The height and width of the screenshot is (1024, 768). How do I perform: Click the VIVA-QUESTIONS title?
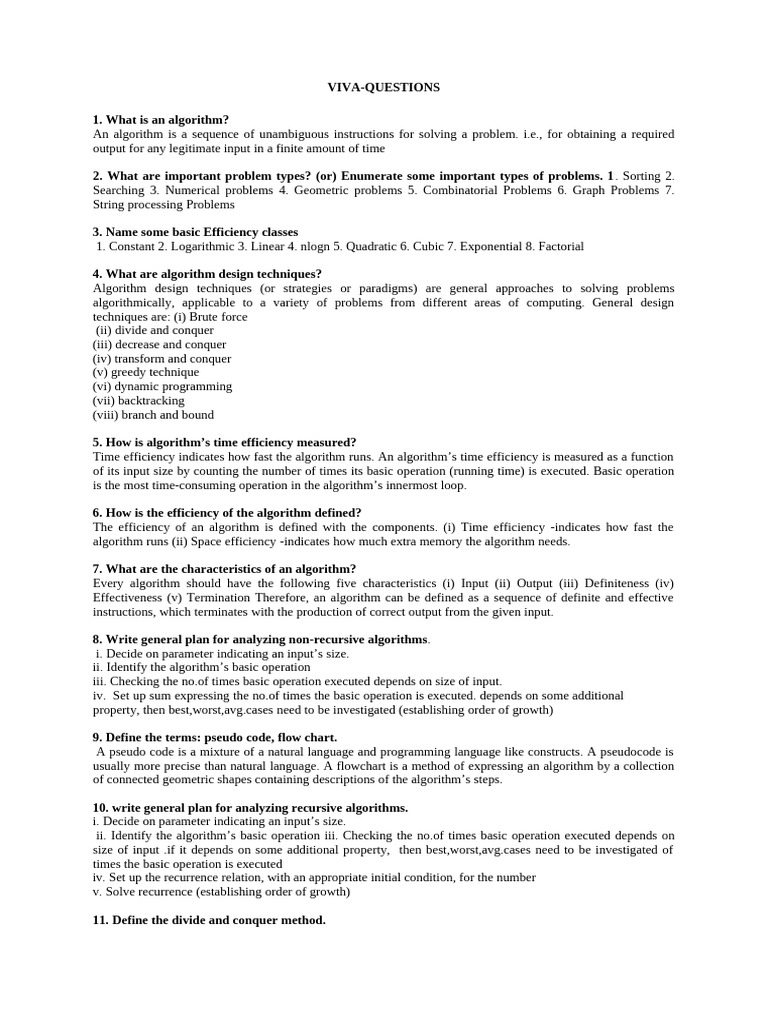tap(384, 88)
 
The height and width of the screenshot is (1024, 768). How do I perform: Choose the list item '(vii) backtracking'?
tap(138, 400)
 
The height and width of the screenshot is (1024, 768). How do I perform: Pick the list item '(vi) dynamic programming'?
tap(162, 386)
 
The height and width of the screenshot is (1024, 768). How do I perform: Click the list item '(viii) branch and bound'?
tap(153, 414)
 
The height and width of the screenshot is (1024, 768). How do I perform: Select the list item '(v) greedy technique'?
tap(146, 372)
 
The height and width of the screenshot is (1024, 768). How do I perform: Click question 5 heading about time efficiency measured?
tap(224, 442)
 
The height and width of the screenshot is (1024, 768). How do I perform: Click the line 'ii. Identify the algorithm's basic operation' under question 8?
tap(201, 667)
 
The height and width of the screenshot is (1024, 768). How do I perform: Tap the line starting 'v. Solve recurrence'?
tap(221, 891)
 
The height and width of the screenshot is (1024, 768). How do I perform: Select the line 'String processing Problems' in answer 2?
tap(163, 204)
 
